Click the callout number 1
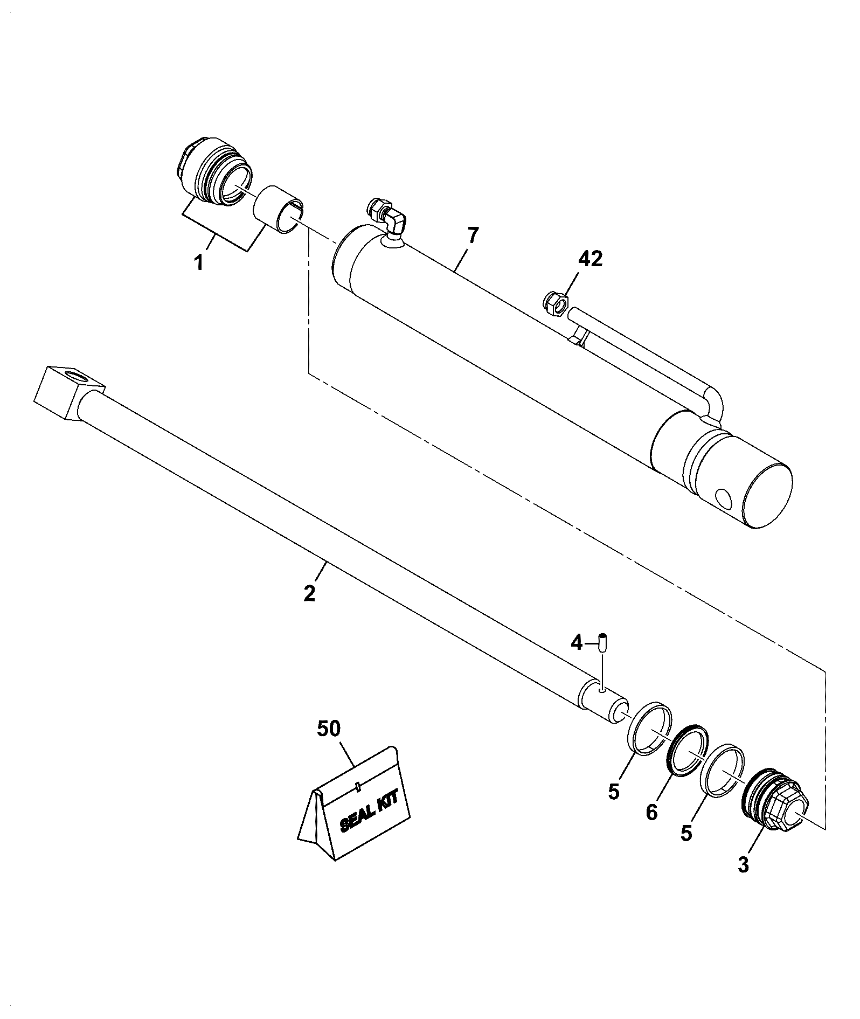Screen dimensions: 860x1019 point(199,263)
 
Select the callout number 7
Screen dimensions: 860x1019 point(473,237)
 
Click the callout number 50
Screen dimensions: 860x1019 point(329,729)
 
